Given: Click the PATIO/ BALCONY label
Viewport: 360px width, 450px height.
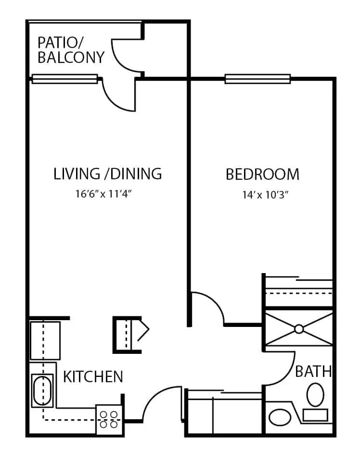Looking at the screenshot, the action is pos(71,50).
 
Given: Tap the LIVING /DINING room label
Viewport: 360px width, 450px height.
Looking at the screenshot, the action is pos(108,174).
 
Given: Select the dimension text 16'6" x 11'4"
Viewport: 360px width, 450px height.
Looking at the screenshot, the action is pos(103,194).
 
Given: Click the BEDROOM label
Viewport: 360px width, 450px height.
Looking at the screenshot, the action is pos(263,174).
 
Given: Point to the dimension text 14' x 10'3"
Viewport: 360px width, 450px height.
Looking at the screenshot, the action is pos(265,195).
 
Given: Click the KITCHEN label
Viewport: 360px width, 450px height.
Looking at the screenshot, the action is pos(93,376).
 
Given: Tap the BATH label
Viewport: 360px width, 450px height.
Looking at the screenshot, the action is pos(313,371).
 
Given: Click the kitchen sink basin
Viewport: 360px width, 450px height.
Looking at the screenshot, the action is pos(42,390).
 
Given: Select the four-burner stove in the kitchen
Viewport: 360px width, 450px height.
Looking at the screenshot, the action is pos(109,419).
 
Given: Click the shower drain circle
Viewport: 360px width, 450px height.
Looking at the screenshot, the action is pos(299,329).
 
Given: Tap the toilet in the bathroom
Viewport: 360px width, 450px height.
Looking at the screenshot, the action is pos(315,395).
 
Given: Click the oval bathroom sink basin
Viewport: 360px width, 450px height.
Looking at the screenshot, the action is pos(280,417).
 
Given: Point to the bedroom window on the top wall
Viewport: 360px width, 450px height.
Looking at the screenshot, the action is pos(257,79).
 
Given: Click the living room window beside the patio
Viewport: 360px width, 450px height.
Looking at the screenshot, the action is pos(64,79).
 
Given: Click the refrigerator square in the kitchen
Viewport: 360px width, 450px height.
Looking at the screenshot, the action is pos(45,340).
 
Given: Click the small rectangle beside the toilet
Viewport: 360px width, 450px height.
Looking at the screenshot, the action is pos(315,415).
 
